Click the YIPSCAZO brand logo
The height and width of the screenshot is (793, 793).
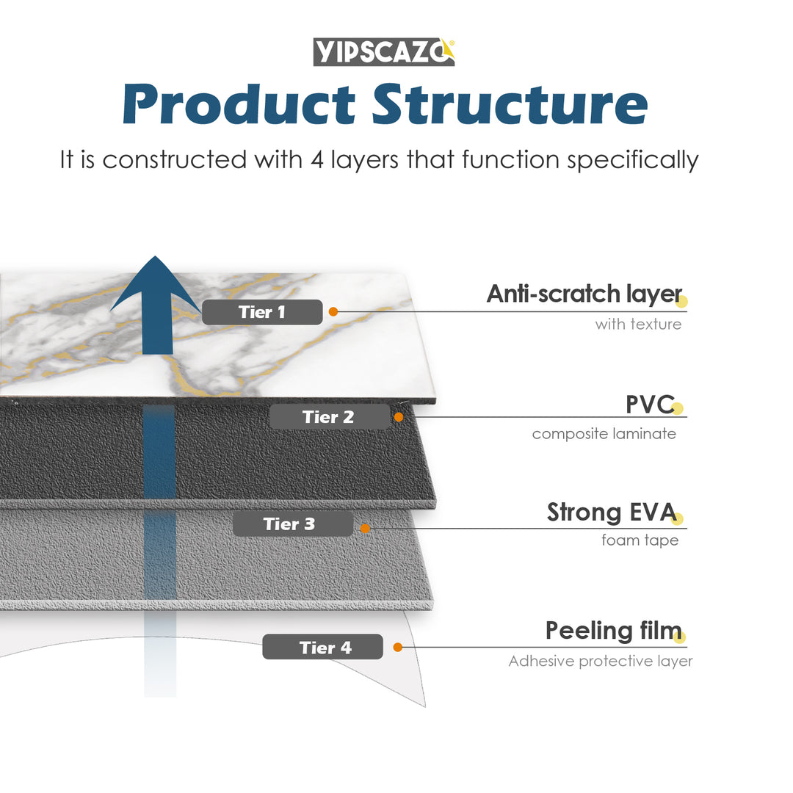tap(384, 52)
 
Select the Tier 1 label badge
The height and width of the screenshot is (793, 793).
tap(262, 312)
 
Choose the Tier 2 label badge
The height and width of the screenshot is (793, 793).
tap(329, 417)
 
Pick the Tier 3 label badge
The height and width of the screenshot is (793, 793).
tap(292, 524)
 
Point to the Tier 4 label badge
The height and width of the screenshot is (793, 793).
tap(322, 647)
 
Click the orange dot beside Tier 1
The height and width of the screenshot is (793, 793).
tap(333, 312)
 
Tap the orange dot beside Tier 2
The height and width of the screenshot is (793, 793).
tap(399, 417)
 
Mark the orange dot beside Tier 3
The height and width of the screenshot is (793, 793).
tap(364, 528)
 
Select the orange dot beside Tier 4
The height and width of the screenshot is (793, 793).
tap(397, 647)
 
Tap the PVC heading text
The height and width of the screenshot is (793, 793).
tap(649, 404)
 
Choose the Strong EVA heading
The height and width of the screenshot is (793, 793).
tap(611, 513)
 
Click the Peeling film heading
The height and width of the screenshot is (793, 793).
tap(613, 631)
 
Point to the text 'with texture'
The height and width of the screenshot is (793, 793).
tap(638, 324)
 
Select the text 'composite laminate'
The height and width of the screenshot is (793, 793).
tap(604, 434)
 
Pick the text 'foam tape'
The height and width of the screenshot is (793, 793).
tap(640, 540)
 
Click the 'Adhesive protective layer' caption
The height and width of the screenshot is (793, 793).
tap(600, 662)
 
